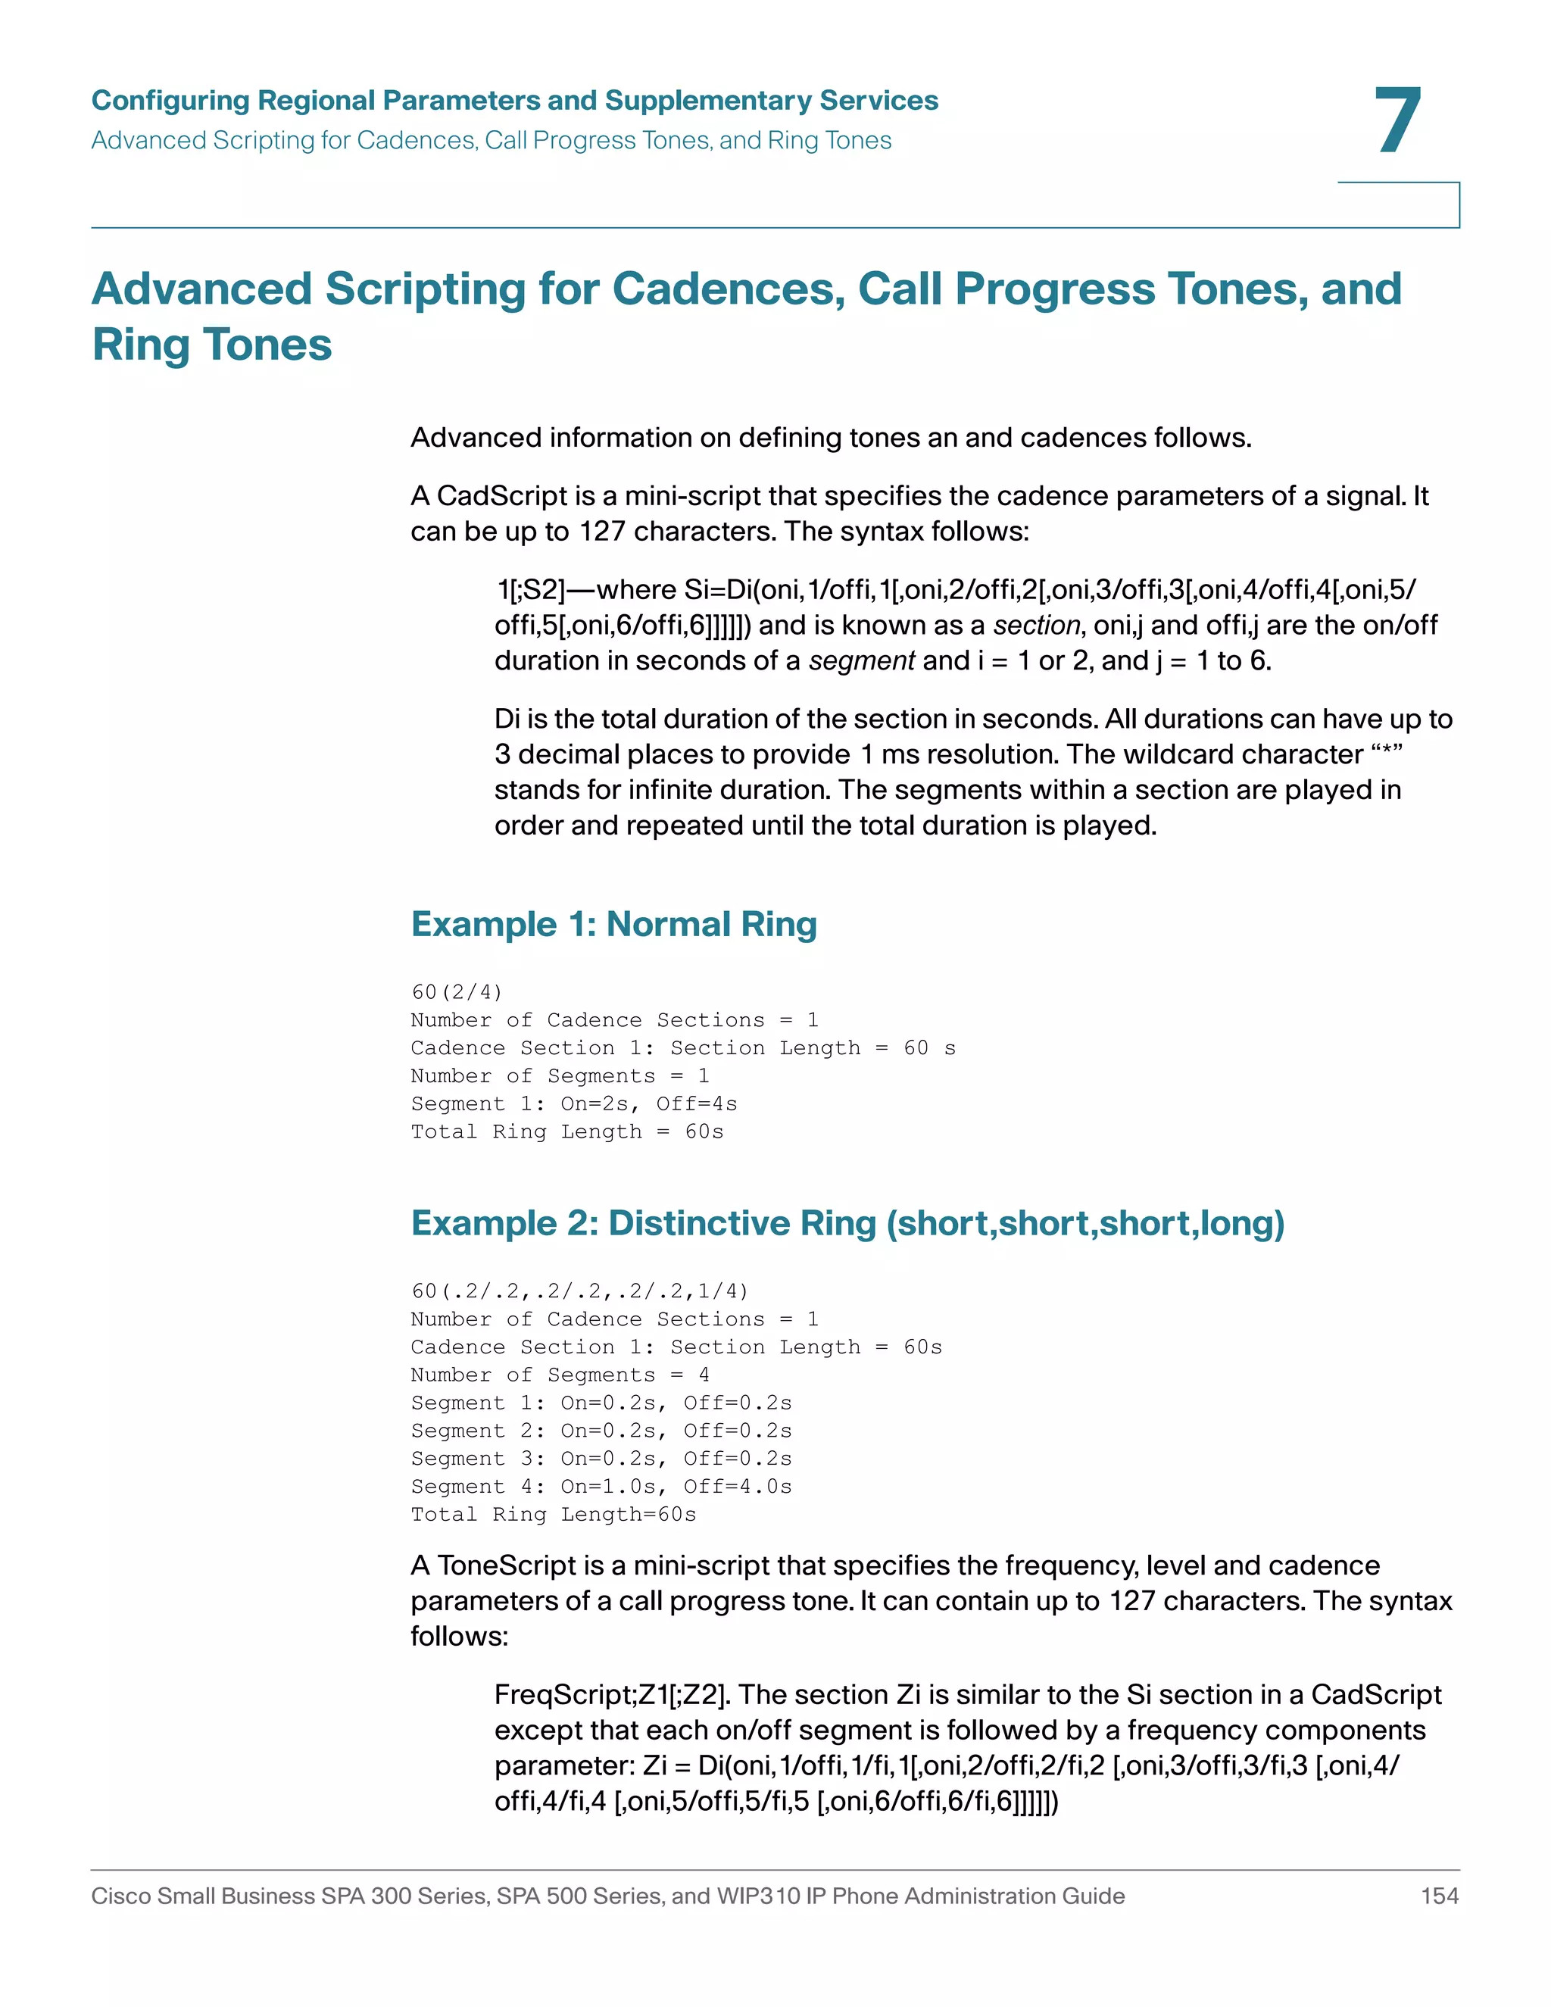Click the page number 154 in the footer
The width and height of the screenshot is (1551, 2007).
[x=1439, y=1895]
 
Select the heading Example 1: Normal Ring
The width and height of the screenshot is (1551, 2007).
[x=613, y=923]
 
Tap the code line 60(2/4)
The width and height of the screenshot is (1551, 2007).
[x=457, y=992]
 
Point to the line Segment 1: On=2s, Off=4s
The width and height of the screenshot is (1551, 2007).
[x=573, y=1103]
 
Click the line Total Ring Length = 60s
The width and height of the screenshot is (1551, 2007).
[x=567, y=1131]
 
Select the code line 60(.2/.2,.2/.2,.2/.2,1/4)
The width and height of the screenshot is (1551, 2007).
[x=580, y=1291]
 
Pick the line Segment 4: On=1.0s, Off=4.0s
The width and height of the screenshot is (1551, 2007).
[x=601, y=1486]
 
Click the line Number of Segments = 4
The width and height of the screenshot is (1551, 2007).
[x=560, y=1375]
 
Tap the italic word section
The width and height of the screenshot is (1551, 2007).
[x=1035, y=625]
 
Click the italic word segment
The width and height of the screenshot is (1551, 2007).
[x=861, y=660]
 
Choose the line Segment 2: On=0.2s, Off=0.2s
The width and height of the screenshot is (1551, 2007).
[x=601, y=1431]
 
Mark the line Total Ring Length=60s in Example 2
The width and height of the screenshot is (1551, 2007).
[x=553, y=1515]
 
